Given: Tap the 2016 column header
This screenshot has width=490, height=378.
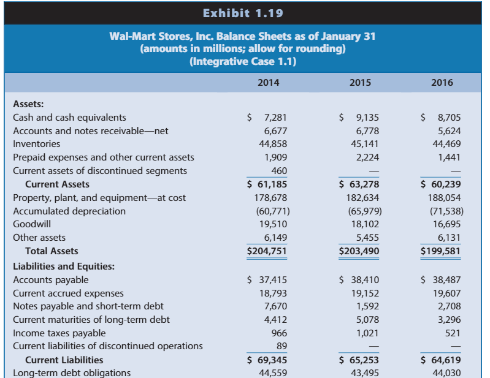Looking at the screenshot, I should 442,83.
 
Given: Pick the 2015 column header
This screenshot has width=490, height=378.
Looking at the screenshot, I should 359,83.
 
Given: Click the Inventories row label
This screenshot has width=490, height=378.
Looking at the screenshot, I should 37,144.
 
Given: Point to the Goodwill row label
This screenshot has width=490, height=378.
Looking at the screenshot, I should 31,224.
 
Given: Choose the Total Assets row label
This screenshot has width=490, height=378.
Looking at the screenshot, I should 52,251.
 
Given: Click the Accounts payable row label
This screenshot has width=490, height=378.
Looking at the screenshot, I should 51,280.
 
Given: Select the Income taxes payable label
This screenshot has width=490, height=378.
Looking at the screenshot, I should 59,333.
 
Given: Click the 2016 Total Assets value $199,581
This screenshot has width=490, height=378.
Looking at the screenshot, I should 441,251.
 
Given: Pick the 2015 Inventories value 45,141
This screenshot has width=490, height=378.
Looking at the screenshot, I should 364,144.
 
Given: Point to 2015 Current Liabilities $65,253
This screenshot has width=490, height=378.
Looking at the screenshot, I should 359,360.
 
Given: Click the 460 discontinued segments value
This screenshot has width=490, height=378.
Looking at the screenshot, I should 279,171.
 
